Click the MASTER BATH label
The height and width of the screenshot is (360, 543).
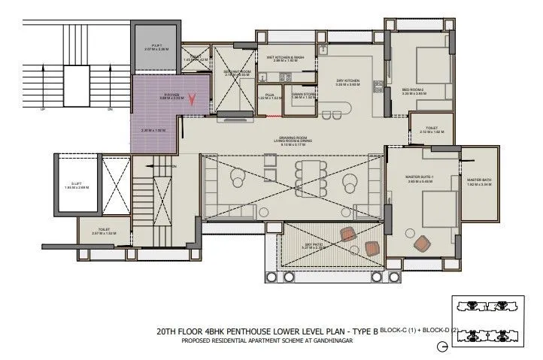479,180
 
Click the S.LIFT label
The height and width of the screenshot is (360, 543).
76,183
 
